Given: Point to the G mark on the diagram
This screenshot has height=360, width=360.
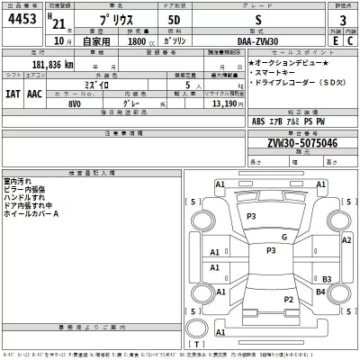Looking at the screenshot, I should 283,237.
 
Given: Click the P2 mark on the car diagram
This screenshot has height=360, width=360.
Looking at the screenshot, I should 288,298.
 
